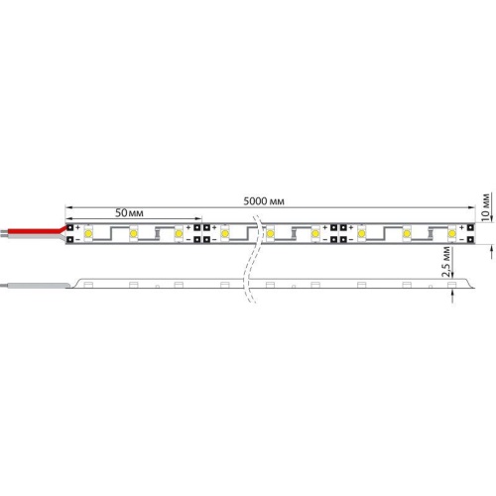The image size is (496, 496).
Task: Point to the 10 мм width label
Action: coord(486,205)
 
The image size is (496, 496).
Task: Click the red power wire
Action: coord(35,231)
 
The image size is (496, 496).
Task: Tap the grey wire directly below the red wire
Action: coord(30,238)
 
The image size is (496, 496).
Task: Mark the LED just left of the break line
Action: coord(225,234)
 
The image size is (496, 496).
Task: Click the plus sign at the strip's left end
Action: coord(79,227)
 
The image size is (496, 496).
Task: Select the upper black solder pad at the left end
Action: coord(71,228)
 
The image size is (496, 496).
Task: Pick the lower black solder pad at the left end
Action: coord(71,239)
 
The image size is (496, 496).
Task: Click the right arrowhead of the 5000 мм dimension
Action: coord(471,208)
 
